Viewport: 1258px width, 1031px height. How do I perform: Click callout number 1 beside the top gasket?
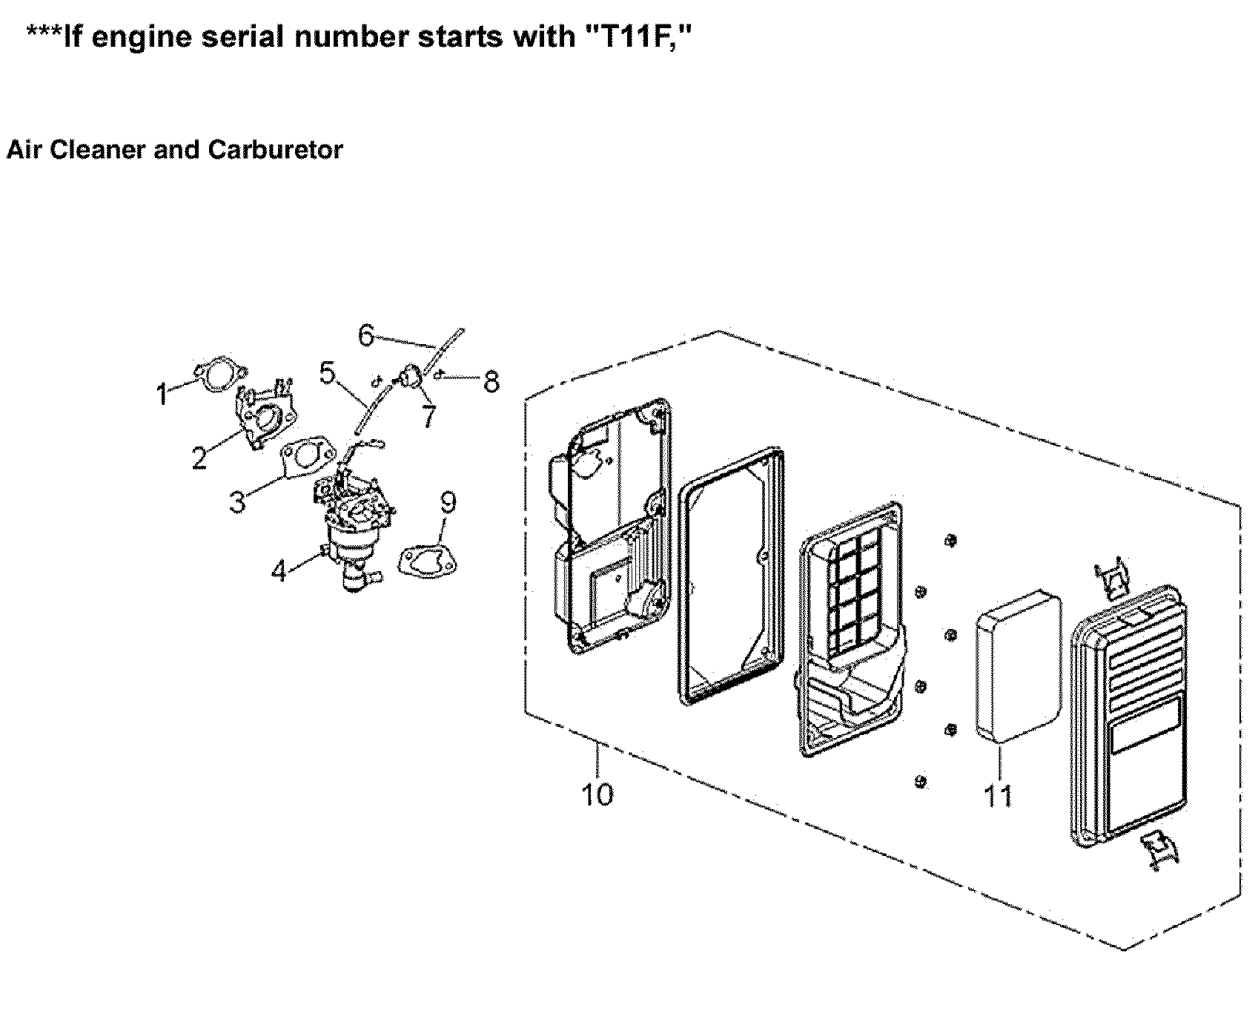(x=162, y=395)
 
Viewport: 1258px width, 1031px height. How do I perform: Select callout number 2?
(x=199, y=458)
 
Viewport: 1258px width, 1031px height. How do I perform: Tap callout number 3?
(x=237, y=502)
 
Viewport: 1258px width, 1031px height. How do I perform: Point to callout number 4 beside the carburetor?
(x=279, y=571)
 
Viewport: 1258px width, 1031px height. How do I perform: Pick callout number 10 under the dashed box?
(x=597, y=794)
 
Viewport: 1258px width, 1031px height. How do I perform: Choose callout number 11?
(x=998, y=796)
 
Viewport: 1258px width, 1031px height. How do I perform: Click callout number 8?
(x=491, y=381)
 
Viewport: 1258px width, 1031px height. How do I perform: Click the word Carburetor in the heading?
(x=275, y=150)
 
